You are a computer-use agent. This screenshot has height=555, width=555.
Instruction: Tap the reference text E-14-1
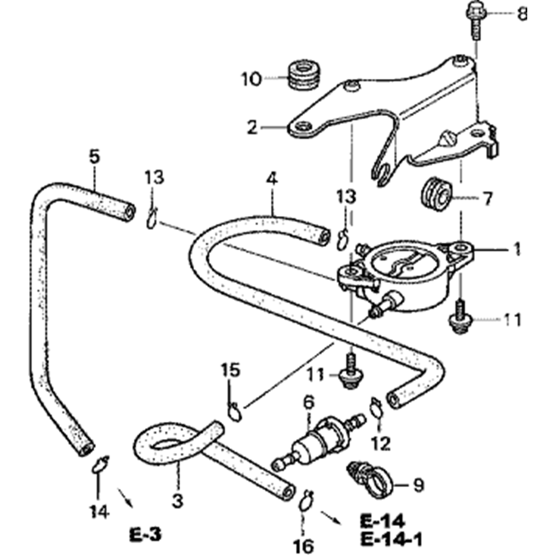coord(391,538)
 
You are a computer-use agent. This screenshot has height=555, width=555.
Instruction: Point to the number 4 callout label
coord(271,179)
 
